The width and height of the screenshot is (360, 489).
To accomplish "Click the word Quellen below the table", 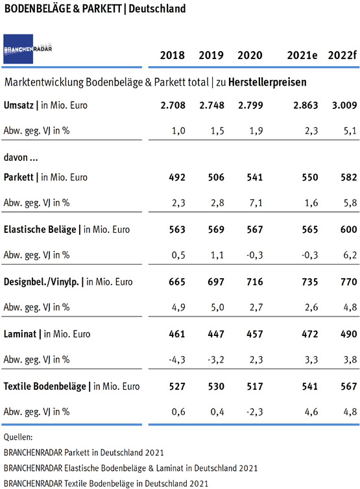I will pyautogui.click(x=18, y=437).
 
